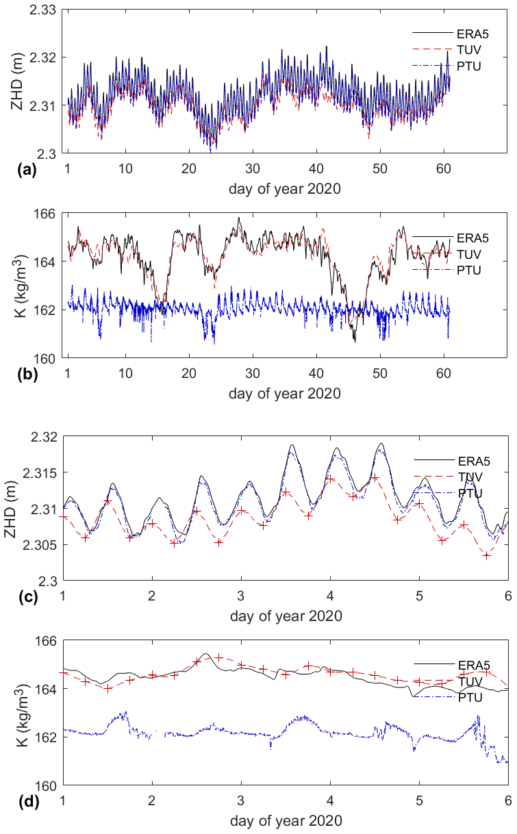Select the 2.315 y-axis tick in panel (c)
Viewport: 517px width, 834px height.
43,473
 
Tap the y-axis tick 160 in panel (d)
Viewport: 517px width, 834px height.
49,785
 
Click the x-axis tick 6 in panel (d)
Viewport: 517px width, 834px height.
507,800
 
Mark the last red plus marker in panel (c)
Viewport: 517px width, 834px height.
486,555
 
